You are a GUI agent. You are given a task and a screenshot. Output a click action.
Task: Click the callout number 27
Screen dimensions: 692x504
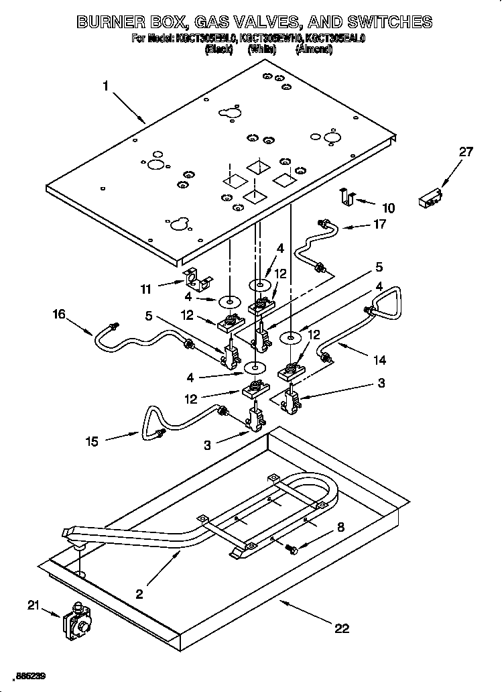[465, 152]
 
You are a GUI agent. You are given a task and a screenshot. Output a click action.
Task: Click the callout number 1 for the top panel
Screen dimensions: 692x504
[106, 85]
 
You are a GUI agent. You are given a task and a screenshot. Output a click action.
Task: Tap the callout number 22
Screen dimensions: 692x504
[342, 628]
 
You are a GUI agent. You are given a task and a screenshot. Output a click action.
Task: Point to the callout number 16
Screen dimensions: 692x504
[60, 314]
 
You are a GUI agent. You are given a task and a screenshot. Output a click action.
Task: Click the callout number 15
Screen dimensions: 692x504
[92, 441]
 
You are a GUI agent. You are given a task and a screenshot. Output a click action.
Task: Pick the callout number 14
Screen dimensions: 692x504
[379, 360]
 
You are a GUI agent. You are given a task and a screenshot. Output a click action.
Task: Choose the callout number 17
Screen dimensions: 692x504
[379, 225]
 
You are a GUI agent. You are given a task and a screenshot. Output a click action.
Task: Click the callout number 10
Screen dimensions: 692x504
[388, 208]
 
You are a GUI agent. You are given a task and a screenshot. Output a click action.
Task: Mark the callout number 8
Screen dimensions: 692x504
[340, 528]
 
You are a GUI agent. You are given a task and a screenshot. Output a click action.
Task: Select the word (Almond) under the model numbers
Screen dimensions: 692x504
[314, 50]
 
